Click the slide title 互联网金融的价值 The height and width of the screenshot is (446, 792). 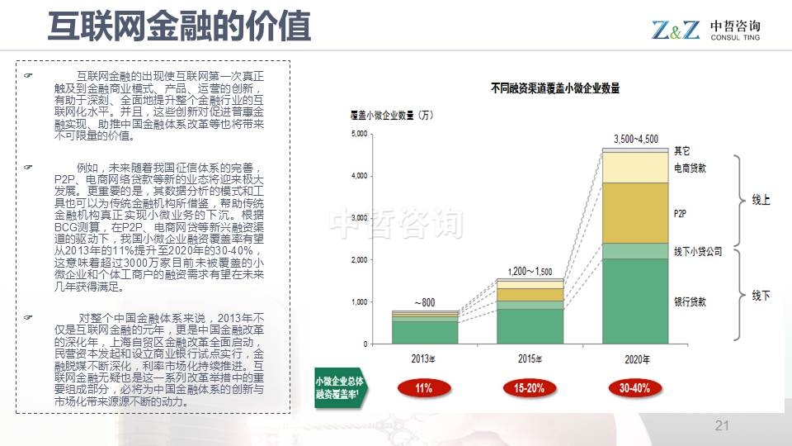click(x=179, y=26)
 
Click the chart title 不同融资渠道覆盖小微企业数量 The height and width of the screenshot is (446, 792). click(x=554, y=88)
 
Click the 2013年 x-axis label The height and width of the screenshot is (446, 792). click(x=425, y=359)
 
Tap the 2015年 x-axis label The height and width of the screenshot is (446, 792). click(x=530, y=359)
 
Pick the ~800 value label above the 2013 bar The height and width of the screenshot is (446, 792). click(x=424, y=302)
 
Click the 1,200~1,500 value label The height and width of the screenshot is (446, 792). click(x=530, y=271)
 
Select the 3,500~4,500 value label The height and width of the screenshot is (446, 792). click(x=636, y=138)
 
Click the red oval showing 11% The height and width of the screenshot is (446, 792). click(x=424, y=387)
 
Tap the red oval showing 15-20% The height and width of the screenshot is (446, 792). click(x=530, y=387)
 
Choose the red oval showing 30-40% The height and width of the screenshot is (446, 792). click(x=635, y=387)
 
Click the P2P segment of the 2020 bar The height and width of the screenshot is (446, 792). click(x=634, y=212)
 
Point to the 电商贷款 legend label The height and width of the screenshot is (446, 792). click(x=690, y=168)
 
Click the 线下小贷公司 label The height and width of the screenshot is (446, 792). click(x=697, y=251)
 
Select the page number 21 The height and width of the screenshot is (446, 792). click(x=722, y=426)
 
